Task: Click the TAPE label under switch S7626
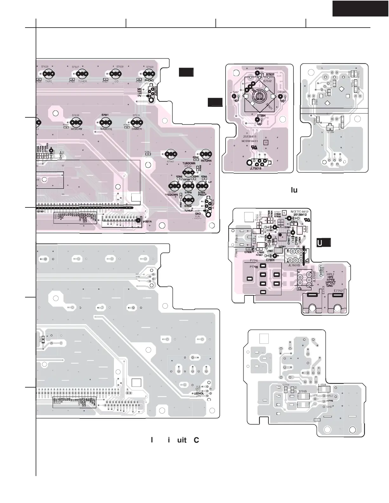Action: tap(49, 82)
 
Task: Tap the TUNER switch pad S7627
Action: tap(82, 74)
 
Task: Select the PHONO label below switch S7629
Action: tap(149, 81)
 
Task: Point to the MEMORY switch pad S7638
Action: tap(76, 122)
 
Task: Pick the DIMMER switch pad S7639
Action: tap(136, 122)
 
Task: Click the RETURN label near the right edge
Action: tap(206, 161)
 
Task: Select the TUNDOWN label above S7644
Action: tap(189, 163)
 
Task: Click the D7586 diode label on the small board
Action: tap(259, 68)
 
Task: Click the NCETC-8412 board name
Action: tap(299, 211)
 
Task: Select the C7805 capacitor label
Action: tap(270, 260)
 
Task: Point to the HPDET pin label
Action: tap(331, 283)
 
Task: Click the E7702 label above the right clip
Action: tap(338, 291)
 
